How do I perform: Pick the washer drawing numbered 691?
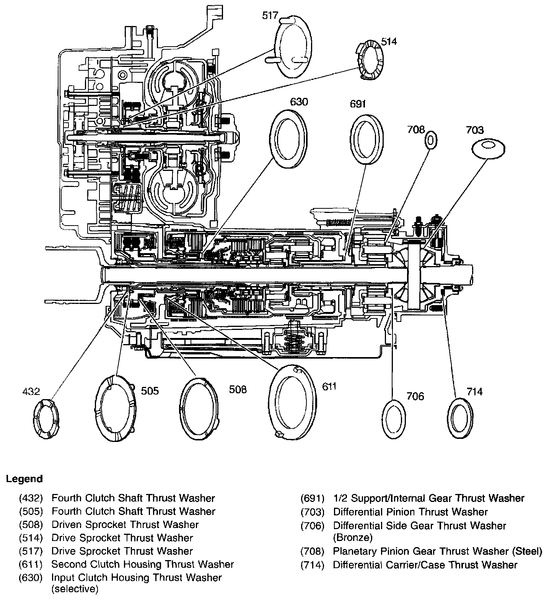pyautogui.click(x=366, y=139)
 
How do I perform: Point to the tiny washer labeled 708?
pyautogui.click(x=430, y=140)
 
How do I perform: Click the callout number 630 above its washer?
pyautogui.click(x=299, y=102)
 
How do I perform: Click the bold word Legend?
pyautogui.click(x=24, y=479)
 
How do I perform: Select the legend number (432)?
pyautogui.click(x=31, y=498)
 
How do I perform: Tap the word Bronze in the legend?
pyautogui.click(x=352, y=537)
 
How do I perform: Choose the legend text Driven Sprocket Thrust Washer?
pyautogui.click(x=125, y=525)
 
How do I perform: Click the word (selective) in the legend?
pyautogui.click(x=75, y=589)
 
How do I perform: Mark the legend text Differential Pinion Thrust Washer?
pyautogui.click(x=410, y=512)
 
